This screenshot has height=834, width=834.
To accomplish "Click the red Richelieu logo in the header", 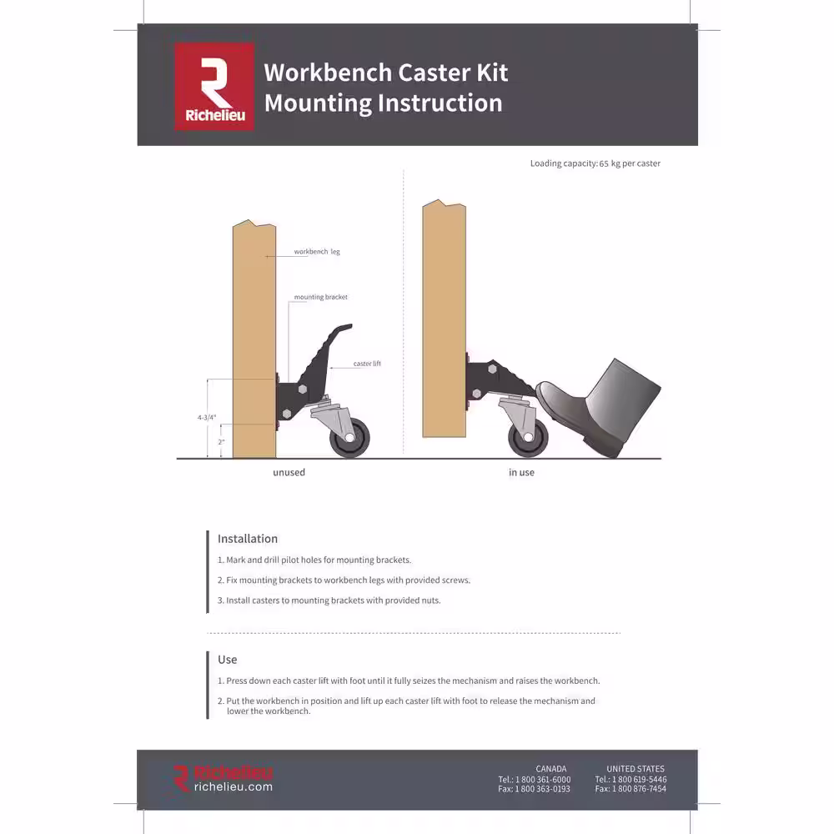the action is [214, 86].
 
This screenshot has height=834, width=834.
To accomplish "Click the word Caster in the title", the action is [435, 73].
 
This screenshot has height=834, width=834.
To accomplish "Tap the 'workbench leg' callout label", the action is [317, 252].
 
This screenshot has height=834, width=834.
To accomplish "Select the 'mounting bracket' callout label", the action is [321, 297].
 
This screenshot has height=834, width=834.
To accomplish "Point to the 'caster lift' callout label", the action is [367, 364].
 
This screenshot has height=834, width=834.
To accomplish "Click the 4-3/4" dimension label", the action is [207, 418].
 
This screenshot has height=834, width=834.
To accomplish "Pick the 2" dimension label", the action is [221, 442].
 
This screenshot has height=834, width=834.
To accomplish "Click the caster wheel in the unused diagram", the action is [349, 437].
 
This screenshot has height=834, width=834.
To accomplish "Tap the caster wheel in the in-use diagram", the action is [528, 437].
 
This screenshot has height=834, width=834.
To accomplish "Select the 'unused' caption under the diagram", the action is [289, 472].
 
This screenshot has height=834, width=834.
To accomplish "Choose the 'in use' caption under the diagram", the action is [521, 472].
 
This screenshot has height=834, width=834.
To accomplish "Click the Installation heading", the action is [248, 539].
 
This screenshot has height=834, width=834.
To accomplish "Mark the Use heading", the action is [227, 660].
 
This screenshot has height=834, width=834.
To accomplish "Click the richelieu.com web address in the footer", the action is [233, 786].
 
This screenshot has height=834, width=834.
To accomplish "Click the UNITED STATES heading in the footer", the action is [636, 769].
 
